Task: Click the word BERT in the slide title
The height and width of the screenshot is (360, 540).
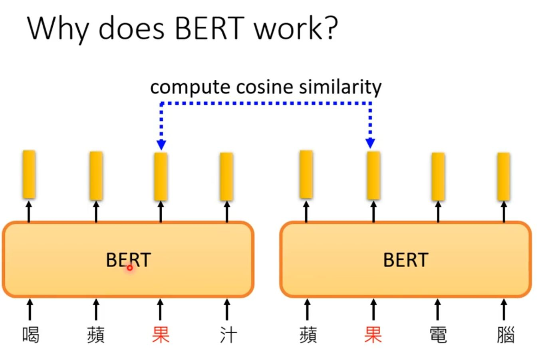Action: click(209, 29)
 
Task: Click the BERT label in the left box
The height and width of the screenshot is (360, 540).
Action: click(128, 260)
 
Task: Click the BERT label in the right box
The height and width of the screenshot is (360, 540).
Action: click(406, 260)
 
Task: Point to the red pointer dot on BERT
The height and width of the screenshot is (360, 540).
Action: click(130, 268)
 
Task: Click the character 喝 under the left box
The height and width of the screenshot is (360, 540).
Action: click(30, 335)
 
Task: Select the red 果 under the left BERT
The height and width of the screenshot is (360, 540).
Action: click(161, 335)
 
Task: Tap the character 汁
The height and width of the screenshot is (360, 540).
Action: click(228, 335)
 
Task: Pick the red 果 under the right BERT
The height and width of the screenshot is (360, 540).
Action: click(373, 335)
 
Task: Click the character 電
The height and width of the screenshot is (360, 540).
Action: click(438, 335)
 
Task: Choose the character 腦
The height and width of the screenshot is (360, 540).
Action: click(505, 335)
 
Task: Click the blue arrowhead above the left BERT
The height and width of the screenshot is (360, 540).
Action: click(161, 145)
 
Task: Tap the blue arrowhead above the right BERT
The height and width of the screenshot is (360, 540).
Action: click(370, 143)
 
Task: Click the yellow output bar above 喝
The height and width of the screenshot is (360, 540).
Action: click(29, 174)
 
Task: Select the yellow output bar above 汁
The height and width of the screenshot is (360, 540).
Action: click(226, 176)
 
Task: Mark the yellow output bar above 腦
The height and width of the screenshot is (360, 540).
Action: click(504, 176)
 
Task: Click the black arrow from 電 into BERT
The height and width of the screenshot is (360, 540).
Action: click(438, 310)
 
